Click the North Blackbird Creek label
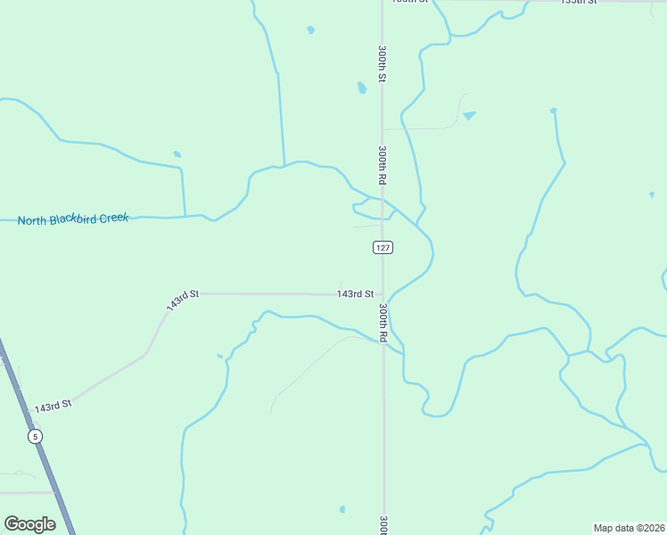tap(73, 218)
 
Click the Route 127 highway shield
tap(383, 247)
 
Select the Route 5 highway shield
tap(35, 436)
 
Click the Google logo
tap(29, 524)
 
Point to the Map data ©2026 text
tap(629, 528)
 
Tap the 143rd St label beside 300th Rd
tap(355, 293)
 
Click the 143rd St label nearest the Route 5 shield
tap(52, 407)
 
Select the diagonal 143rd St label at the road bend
tap(181, 300)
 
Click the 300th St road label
tap(382, 64)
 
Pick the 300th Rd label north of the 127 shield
tap(382, 165)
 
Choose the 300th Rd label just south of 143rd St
tap(383, 323)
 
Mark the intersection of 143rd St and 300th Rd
tap(383, 293)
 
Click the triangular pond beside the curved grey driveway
tap(469, 115)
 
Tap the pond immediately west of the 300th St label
tap(362, 87)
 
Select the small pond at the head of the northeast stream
tap(553, 111)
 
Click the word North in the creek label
tap(33, 219)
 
